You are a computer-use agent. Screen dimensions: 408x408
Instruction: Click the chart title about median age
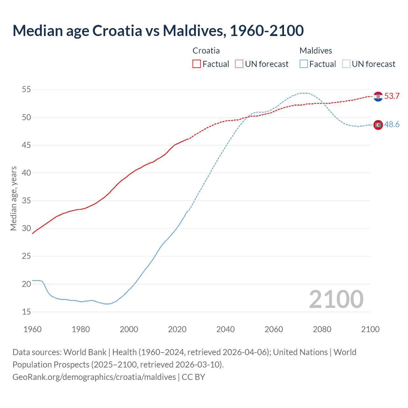(158, 31)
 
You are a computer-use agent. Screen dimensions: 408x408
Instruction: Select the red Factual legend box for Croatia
(197, 64)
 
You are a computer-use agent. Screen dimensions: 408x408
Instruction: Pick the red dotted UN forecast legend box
(239, 64)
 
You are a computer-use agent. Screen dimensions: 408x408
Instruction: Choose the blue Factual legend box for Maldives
(304, 64)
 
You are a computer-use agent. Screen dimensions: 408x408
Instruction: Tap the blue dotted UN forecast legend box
(346, 64)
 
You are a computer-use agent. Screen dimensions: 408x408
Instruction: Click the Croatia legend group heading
(206, 51)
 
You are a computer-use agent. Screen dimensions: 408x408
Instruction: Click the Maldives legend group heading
(316, 51)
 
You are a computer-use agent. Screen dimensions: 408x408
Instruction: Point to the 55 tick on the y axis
(26, 90)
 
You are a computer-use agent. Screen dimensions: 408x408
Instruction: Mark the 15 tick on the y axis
(26, 312)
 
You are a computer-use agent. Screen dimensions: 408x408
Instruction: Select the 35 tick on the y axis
(26, 201)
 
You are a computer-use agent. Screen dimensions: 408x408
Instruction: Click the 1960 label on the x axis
(33, 329)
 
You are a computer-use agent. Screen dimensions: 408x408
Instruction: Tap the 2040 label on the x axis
(225, 329)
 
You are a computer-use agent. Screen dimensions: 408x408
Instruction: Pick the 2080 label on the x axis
(322, 329)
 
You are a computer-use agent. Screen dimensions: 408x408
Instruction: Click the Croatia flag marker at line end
(378, 97)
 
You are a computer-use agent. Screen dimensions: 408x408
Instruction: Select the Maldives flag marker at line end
(378, 125)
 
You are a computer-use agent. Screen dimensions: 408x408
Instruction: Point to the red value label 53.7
(392, 96)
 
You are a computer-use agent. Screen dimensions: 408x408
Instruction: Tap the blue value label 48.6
(392, 125)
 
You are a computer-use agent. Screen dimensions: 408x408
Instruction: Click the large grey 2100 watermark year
(336, 299)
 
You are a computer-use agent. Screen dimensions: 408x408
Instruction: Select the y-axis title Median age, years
(13, 198)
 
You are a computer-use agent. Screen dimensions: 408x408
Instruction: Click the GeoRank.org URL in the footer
(94, 377)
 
